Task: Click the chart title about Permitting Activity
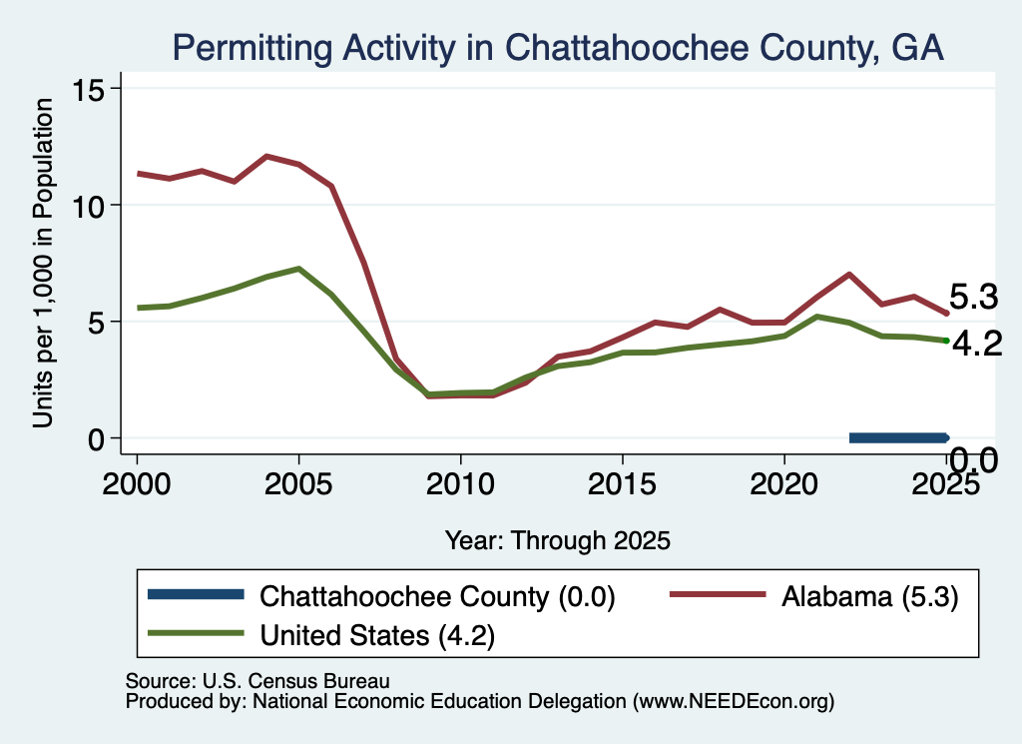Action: (558, 48)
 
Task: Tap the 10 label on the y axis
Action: (89, 206)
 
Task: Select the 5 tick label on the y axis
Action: (97, 323)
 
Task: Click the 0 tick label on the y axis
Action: (97, 438)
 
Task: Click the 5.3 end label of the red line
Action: (974, 297)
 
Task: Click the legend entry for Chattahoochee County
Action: (381, 596)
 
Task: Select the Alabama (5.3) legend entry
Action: (814, 596)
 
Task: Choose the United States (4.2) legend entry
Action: (321, 634)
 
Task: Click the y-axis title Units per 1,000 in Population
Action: (43, 263)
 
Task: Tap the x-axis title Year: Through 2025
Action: (558, 540)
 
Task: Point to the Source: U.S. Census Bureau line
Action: (257, 681)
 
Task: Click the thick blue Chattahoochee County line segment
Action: (898, 438)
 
